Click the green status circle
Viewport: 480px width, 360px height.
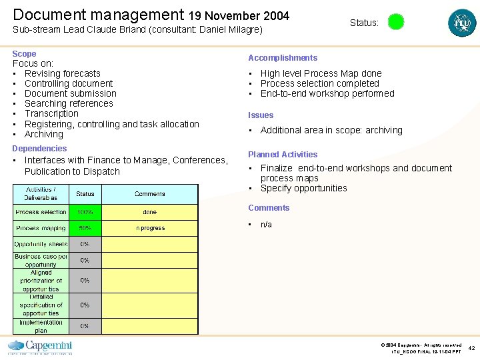pos(396,22)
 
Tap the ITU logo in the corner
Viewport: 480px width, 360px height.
pos(462,23)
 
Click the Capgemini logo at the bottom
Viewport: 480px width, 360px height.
pos(40,347)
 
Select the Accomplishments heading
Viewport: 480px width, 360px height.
pos(283,58)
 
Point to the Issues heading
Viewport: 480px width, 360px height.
pos(261,115)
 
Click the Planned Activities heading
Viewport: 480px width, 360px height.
pos(283,155)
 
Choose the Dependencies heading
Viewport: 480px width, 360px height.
pos(39,149)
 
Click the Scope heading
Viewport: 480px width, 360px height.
pos(24,54)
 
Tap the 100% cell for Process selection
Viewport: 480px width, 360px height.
pos(85,212)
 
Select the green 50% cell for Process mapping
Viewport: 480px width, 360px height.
pos(85,228)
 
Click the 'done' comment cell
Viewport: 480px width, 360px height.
pos(149,212)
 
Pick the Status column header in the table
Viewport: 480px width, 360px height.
pos(85,194)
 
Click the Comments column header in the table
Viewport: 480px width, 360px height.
pos(149,194)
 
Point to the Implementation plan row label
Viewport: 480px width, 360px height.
pos(41,326)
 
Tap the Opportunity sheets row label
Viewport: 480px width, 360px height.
pos(41,244)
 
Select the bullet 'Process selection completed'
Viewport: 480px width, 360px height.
pos(319,84)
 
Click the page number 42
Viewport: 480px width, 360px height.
pos(471,347)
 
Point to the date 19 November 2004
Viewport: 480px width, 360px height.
pos(239,15)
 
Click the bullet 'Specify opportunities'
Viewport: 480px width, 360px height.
pos(303,189)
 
